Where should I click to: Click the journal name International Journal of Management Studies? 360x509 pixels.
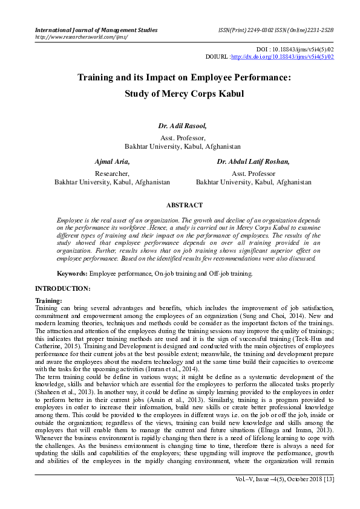coord(96,30)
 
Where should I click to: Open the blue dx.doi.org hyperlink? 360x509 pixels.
coord(283,57)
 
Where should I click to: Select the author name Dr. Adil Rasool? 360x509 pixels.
coord(182,126)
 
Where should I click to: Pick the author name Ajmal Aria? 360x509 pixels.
coord(112,161)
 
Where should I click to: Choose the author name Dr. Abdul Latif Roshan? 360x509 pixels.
coord(254,161)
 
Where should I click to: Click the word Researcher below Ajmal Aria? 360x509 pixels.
coord(112,173)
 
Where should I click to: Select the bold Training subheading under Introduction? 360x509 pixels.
coord(48,300)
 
